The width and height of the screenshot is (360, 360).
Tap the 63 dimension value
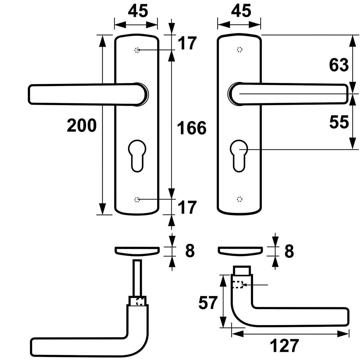coord(338,65)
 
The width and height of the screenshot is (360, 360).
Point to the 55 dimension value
coord(338,122)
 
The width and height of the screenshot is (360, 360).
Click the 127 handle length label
coord(284,346)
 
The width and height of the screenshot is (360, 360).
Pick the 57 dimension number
coord(208,302)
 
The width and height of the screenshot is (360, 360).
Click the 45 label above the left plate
coord(138,11)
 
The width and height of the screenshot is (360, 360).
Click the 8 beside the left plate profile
coord(190,251)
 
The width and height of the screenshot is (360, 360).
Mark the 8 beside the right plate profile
coord(288,251)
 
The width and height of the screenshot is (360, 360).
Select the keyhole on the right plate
coord(240,154)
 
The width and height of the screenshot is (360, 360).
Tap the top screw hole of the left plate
coord(137,50)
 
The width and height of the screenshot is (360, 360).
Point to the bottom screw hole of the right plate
coord(240,199)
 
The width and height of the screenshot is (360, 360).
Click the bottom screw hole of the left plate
coord(137,200)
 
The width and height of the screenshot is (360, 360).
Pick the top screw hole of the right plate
coord(240,50)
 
